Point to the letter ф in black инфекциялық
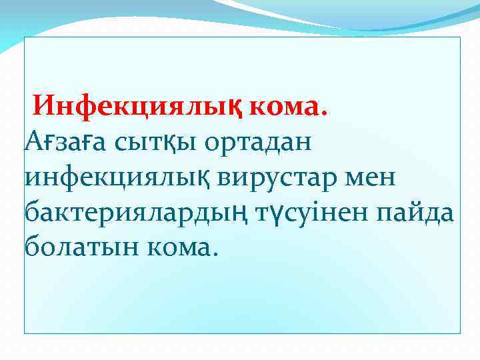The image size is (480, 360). coord(69,179)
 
